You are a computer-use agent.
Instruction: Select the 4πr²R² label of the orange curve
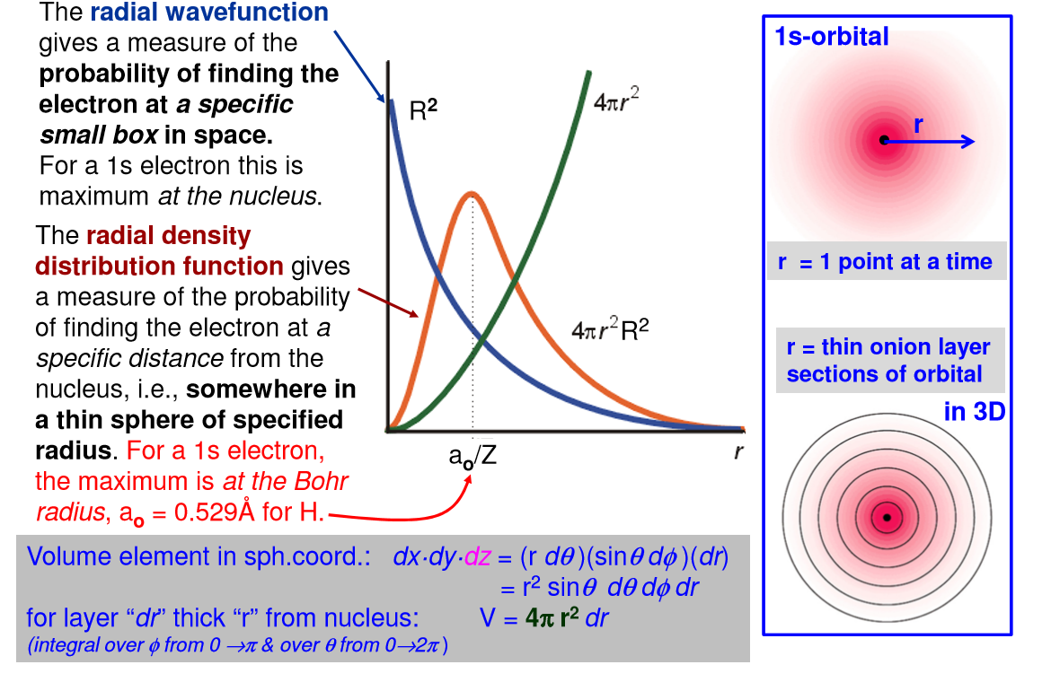click(610, 331)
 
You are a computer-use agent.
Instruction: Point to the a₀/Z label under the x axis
click(473, 456)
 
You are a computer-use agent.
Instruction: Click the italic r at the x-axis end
click(738, 451)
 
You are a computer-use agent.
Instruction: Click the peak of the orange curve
click(471, 193)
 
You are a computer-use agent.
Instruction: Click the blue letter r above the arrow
click(917, 126)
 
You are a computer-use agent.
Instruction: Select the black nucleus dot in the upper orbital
click(884, 140)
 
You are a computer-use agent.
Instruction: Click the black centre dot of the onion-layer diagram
click(887, 518)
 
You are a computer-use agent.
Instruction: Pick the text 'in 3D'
click(974, 412)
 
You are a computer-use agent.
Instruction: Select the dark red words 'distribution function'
click(159, 267)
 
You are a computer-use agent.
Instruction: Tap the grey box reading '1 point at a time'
click(885, 262)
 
